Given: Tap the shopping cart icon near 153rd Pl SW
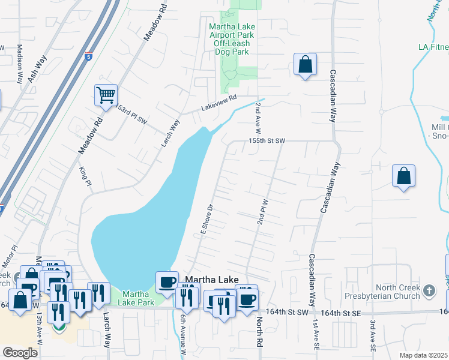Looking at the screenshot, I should click(x=106, y=95).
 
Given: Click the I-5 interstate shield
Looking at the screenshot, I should click(x=88, y=39).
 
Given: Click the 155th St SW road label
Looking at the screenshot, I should click(x=267, y=140).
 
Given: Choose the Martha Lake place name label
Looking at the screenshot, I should click(x=211, y=280).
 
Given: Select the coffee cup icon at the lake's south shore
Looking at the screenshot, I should click(x=166, y=281).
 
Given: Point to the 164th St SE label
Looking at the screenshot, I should click(x=340, y=313).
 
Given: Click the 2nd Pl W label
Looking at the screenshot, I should click(x=262, y=213).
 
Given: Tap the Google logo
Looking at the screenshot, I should click(x=20, y=352).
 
